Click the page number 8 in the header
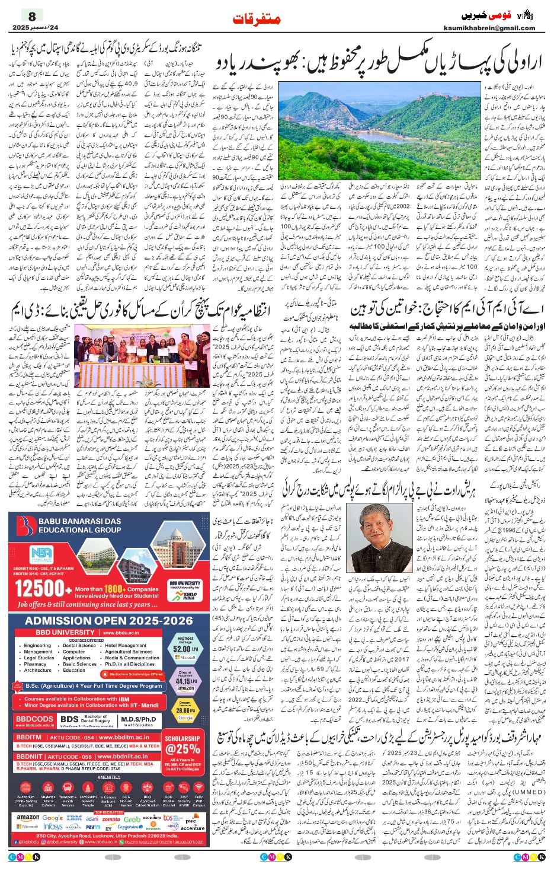[32, 16]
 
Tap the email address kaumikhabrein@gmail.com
[489, 28]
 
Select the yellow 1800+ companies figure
[114, 589]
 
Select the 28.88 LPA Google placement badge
[185, 710]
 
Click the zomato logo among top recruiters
[111, 819]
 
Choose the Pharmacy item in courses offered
[36, 664]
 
